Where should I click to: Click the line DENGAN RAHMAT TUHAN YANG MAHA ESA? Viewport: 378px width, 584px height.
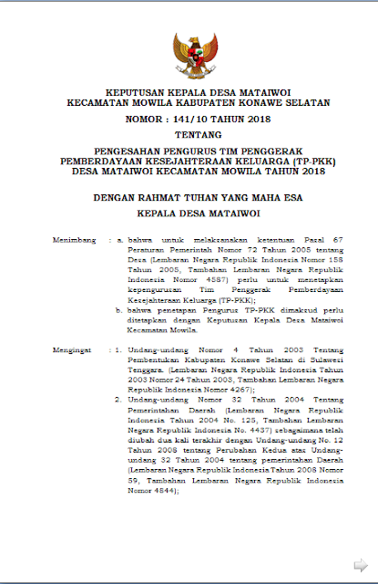click(x=189, y=195)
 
